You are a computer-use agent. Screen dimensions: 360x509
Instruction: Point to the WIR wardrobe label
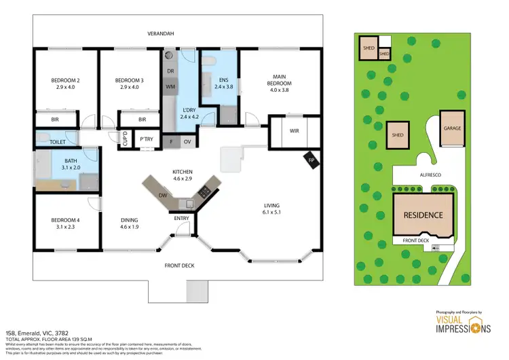pos(295,131)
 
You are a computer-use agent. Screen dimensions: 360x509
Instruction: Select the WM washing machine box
pos(170,88)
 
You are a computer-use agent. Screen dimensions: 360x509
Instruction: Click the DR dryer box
pos(170,71)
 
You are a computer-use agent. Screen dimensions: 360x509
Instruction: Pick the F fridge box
pos(171,141)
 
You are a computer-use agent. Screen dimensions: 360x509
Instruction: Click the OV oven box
pos(187,141)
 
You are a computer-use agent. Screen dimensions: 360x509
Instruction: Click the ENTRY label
pos(182,218)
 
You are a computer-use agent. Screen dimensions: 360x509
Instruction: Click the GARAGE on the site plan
pos(453,128)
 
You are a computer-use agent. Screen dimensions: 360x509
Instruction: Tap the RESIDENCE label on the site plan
pos(423,215)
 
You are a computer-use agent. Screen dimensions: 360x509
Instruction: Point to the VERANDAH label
pos(162,34)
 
